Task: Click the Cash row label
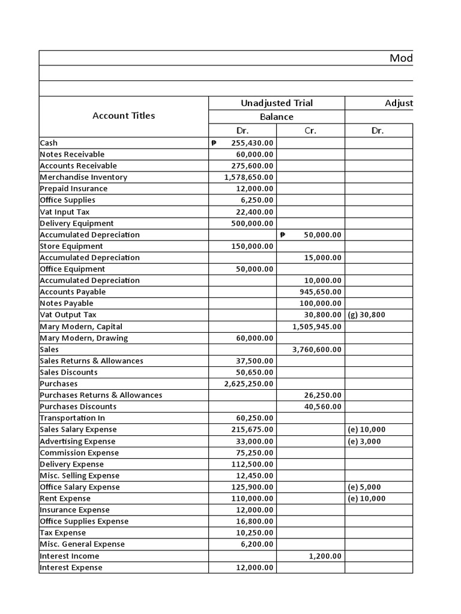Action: [49, 143]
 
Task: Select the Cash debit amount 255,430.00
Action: [252, 143]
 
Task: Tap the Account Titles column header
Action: [124, 116]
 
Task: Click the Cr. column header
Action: [310, 131]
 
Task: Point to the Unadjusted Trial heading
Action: [277, 103]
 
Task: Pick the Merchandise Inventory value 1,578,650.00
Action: [249, 177]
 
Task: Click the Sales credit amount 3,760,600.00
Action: [317, 350]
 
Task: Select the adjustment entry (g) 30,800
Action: [366, 315]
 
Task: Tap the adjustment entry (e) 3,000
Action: [364, 441]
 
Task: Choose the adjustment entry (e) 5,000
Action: [364, 487]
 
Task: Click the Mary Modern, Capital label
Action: [81, 327]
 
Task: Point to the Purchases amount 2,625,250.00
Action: [249, 384]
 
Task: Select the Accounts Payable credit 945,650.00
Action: [320, 292]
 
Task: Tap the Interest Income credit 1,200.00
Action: [325, 556]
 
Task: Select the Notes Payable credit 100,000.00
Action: [320, 303]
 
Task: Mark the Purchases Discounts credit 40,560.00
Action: [322, 407]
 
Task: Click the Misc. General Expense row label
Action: [82, 544]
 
